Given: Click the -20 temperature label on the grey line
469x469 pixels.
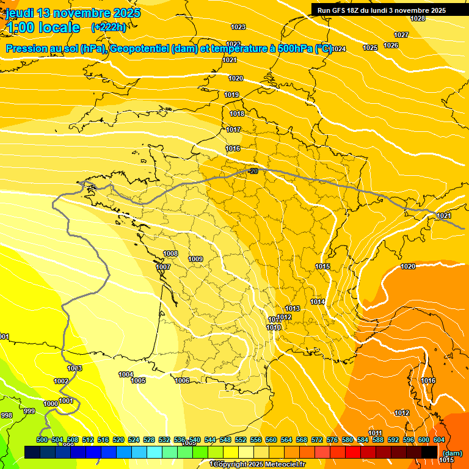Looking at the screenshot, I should point(253,171).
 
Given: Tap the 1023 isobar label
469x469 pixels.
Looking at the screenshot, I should point(238,27).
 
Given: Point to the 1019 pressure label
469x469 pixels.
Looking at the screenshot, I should point(231,95).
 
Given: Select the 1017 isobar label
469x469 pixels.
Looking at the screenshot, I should point(233,129).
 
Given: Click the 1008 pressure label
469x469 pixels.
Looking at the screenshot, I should point(170,253).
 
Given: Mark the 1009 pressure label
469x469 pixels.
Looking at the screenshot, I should point(195,259).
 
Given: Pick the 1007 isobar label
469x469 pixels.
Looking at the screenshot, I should point(163,267).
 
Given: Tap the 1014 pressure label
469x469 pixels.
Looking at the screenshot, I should point(317,302).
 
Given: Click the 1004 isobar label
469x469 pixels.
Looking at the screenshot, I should point(126,374).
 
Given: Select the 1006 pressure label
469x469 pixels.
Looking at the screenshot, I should point(182,380).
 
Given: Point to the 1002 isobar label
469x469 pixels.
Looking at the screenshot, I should point(61,381).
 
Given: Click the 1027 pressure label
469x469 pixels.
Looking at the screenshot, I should point(401,35).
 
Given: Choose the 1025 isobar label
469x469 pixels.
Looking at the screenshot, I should point(370,48).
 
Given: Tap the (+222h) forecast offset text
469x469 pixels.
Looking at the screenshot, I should point(108,27).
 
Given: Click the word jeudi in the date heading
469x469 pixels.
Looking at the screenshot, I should point(20,13).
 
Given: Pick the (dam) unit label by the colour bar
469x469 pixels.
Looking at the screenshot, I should point(452,453).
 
